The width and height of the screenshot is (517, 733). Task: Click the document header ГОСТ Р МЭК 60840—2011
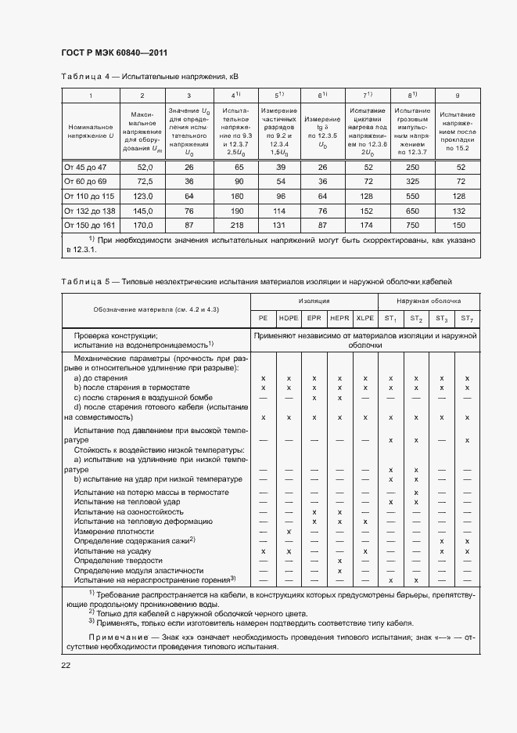pos(115,53)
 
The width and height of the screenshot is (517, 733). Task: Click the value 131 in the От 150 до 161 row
pos(278,224)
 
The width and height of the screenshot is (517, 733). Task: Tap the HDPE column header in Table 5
pos(289,318)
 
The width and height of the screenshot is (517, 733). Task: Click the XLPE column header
pos(364,318)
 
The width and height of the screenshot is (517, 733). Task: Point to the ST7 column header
pos(466,318)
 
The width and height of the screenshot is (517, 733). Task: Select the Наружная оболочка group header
pos(429,301)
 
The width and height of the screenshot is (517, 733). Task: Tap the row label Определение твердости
pos(118,561)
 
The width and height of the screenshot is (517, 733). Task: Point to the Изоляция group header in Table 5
pos(314,301)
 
